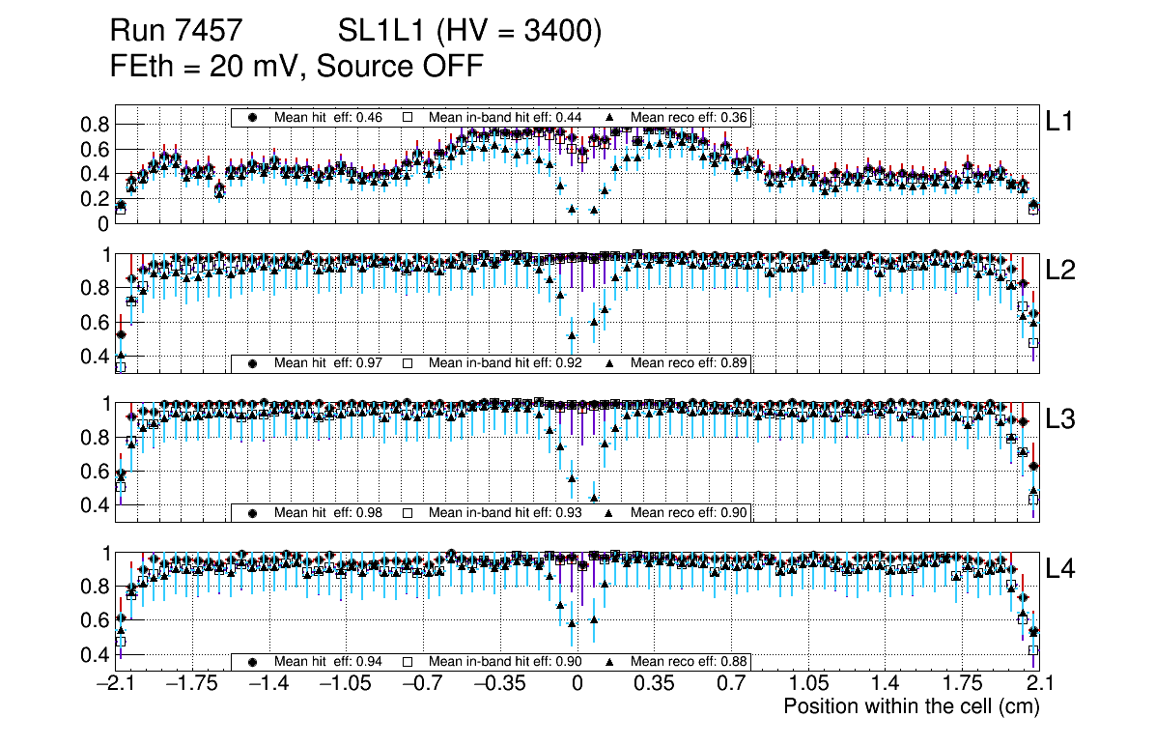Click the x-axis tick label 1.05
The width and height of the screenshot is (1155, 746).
tap(808, 684)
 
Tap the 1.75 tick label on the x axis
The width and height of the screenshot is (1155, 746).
tap(962, 684)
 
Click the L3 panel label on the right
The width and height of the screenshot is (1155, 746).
tap(1059, 419)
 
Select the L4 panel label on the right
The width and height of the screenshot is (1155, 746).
tap(1059, 569)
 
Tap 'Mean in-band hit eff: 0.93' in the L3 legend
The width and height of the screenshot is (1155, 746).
tap(505, 512)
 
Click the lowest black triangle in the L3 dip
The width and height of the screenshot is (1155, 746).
tap(594, 498)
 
